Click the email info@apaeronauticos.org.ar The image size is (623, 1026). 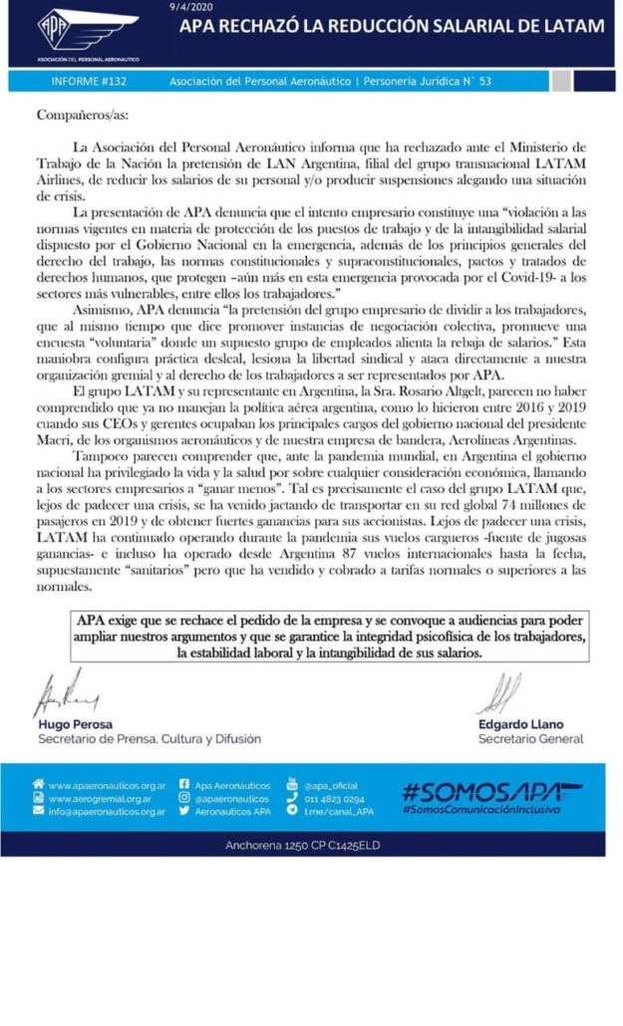(x=107, y=813)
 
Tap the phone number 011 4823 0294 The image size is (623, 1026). (x=333, y=799)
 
